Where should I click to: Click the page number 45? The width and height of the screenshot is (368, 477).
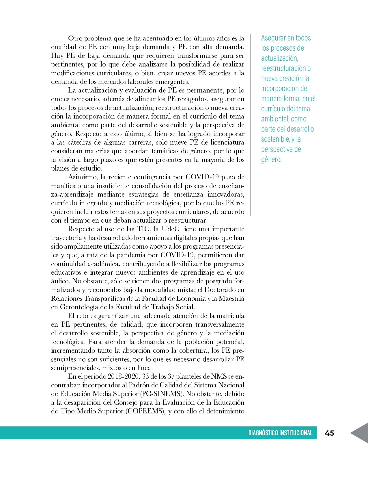[329, 433]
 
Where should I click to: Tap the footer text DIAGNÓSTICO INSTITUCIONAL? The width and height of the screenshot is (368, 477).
[280, 433]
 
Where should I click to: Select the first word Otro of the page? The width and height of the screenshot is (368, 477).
[75, 38]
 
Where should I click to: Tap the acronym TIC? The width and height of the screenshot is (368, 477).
[143, 229]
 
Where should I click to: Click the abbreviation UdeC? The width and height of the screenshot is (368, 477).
[170, 229]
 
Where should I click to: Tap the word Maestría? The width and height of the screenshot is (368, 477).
[231, 299]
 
